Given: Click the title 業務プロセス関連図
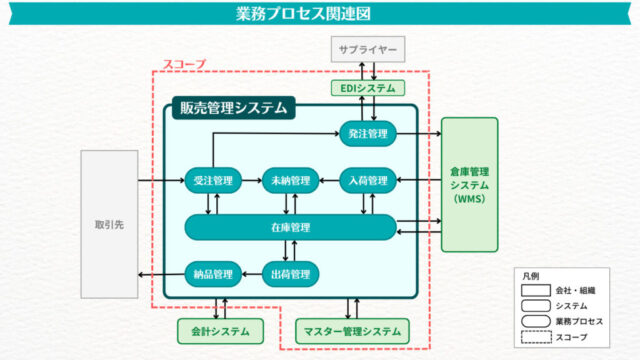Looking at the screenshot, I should [x=320, y=14].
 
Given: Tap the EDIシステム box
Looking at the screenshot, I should [x=369, y=88].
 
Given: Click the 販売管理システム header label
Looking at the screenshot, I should [x=232, y=107].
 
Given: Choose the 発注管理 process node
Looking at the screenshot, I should [x=368, y=133].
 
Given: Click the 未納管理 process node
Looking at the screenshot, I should [x=290, y=181].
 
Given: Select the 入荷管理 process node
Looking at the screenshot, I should [x=368, y=181].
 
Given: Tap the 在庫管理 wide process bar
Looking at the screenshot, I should [x=290, y=227].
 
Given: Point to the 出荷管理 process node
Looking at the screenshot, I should [x=290, y=273].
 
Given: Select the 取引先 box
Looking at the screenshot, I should [x=108, y=225].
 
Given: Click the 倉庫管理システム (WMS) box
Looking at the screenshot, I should [x=469, y=184].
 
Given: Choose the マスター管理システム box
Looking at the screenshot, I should [x=353, y=329].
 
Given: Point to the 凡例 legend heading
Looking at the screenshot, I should [x=531, y=275].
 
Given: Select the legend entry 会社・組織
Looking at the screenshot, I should [x=571, y=290].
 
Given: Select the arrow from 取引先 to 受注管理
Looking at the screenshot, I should [x=160, y=181].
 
